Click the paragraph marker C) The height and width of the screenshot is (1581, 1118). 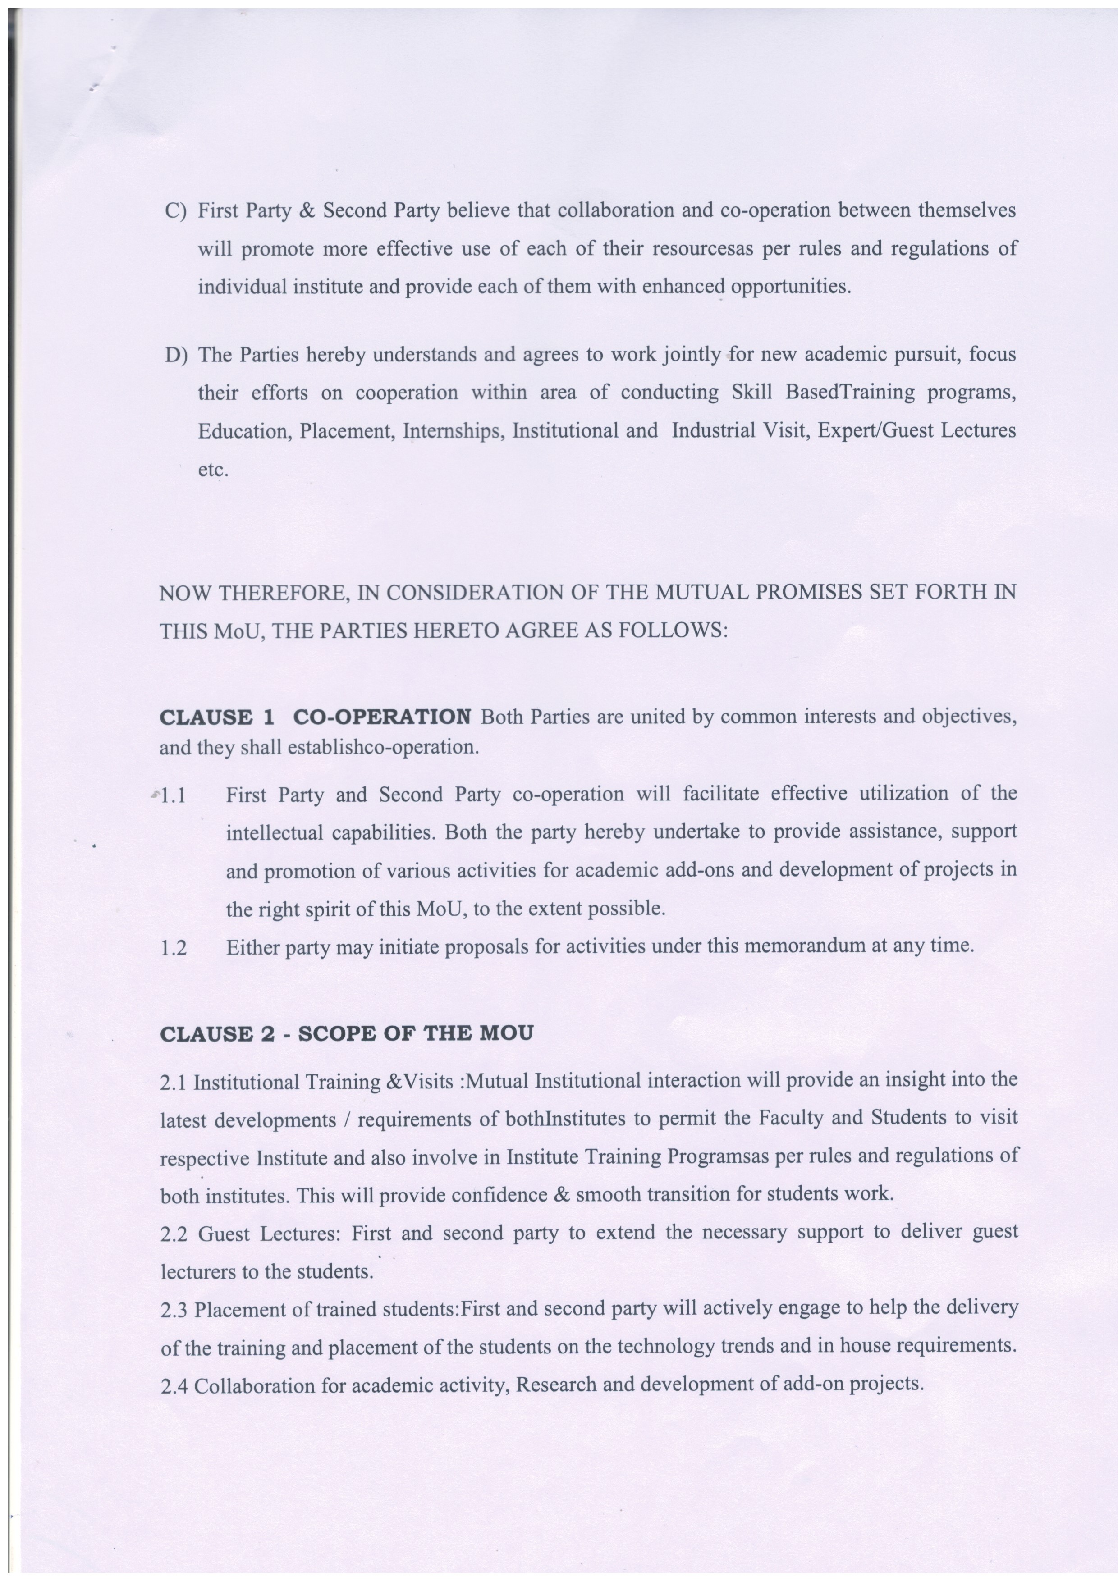point(176,211)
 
